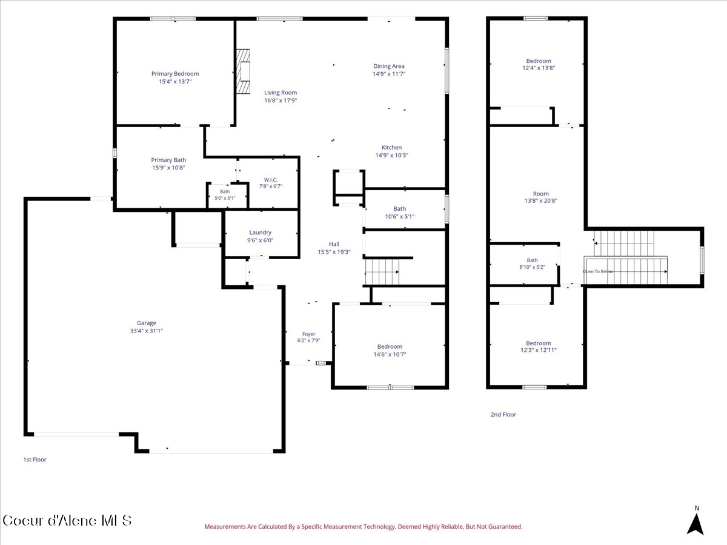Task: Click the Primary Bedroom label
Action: (175, 74)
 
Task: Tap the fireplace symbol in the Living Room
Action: (243, 71)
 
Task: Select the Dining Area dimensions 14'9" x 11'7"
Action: (389, 74)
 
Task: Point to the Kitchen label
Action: (391, 148)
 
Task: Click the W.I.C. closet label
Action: (271, 180)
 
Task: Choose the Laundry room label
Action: (261, 233)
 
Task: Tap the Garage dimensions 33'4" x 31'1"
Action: (147, 331)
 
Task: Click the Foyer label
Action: (309, 334)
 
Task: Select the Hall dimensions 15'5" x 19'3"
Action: (334, 252)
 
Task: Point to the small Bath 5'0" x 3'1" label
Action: (225, 195)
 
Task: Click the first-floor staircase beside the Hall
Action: (382, 272)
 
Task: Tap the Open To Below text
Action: (598, 271)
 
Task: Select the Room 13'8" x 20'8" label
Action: (541, 197)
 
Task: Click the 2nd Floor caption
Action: (503, 414)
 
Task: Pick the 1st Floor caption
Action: (35, 459)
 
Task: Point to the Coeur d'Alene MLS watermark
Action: (67, 521)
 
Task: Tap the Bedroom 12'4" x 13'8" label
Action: (539, 65)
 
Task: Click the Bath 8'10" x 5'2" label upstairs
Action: (533, 264)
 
